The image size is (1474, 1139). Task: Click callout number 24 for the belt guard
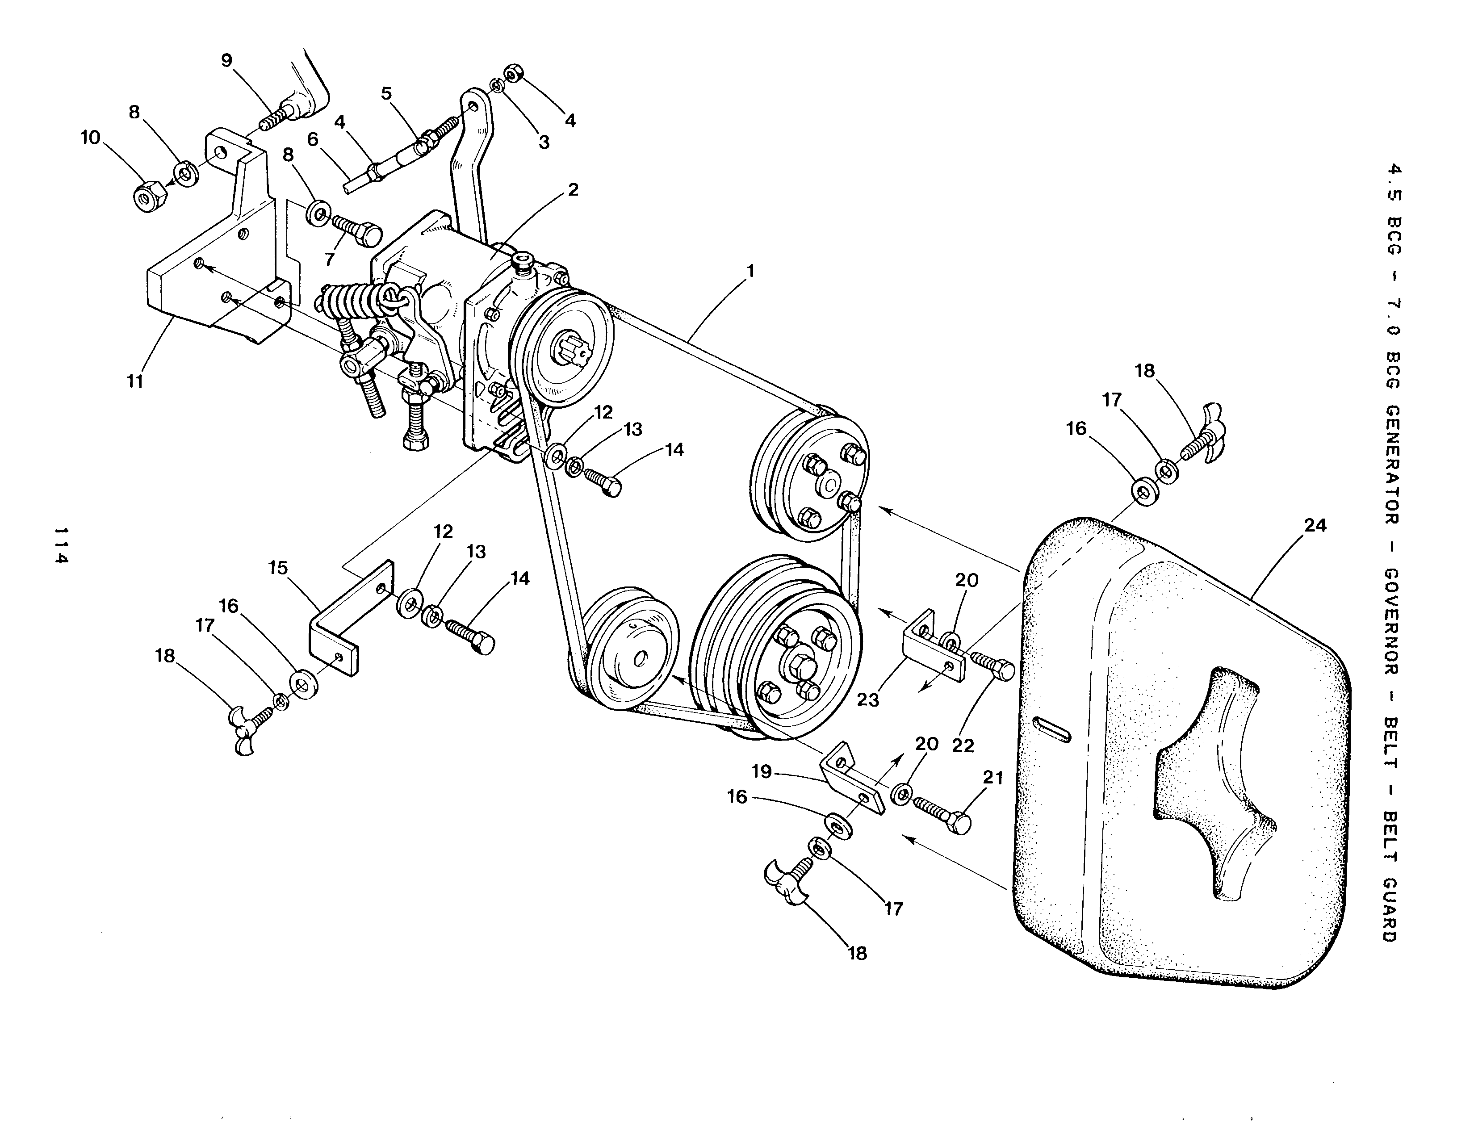(x=1315, y=526)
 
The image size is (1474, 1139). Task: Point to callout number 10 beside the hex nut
(x=90, y=138)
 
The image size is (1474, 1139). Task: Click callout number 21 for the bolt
(x=993, y=778)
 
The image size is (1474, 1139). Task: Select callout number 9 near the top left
(x=227, y=61)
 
